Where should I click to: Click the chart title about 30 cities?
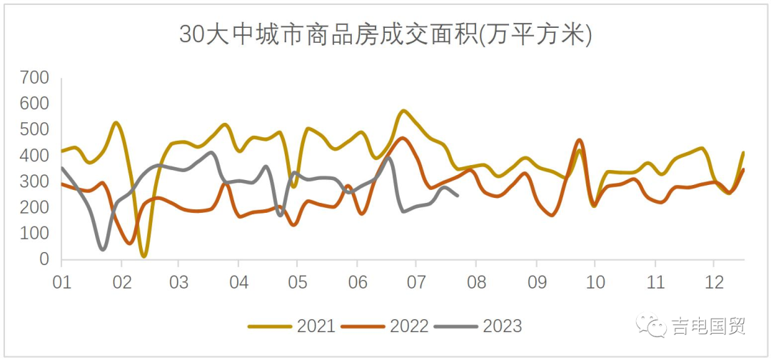point(385,34)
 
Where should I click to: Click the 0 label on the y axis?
point(44,260)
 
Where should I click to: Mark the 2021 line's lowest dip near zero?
point(144,255)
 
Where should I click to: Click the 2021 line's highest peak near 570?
point(403,111)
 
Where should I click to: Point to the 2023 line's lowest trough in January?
point(104,249)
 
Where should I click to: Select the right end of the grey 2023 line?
point(458,195)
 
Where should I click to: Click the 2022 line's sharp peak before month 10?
point(579,140)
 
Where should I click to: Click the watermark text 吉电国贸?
point(708,326)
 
